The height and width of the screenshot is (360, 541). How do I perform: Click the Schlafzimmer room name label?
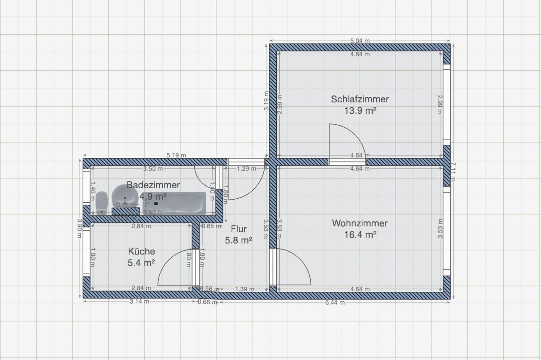pos(360,99)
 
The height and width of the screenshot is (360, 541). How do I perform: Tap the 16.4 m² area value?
pos(360,235)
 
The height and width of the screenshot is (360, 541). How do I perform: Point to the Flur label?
pos(239,229)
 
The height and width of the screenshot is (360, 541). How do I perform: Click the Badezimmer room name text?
pos(153,185)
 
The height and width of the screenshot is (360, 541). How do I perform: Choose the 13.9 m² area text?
pos(360,111)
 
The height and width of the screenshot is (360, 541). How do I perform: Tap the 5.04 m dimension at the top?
pos(360,41)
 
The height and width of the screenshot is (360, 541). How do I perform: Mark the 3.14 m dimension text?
pos(139,302)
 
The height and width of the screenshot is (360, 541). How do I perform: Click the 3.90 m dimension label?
pos(79,228)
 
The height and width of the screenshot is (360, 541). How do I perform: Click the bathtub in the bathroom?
pos(182,203)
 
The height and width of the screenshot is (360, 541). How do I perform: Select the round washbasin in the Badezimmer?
pos(125,195)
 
